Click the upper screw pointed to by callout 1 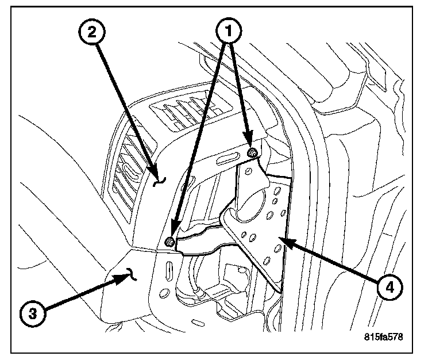coord(252,152)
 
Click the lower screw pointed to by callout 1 coord(170,241)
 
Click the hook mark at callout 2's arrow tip coord(162,182)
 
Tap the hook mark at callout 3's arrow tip coord(132,277)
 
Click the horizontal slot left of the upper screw coord(227,159)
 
